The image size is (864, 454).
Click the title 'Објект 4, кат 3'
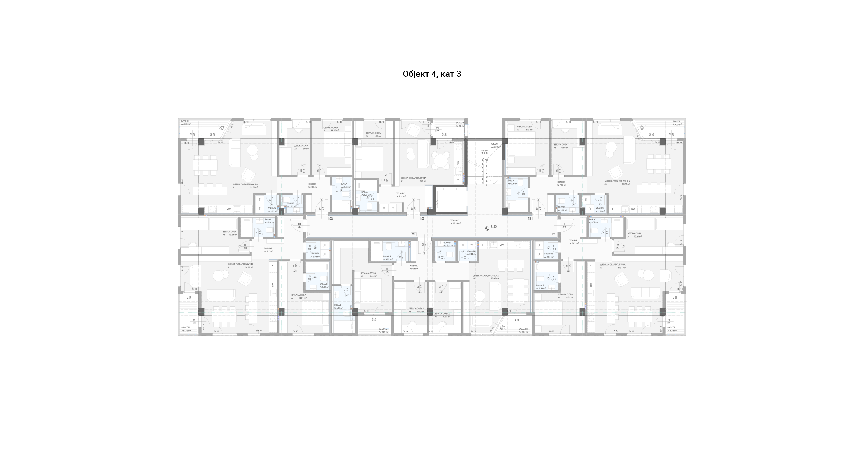click(x=432, y=74)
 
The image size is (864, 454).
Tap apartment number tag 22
click(x=331, y=219)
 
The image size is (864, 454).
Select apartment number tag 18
click(x=529, y=219)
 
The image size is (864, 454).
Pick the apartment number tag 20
click(x=413, y=234)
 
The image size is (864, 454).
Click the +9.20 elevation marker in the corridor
click(x=492, y=226)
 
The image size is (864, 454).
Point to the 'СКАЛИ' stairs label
click(x=495, y=143)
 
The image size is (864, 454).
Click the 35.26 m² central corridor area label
click(x=455, y=223)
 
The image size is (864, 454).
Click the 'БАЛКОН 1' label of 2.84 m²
click(x=523, y=329)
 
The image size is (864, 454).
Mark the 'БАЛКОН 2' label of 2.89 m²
click(x=383, y=329)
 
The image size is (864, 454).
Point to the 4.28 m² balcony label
click(x=186, y=124)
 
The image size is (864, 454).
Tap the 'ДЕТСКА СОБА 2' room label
click(x=442, y=314)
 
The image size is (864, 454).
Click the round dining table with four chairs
click(x=441, y=160)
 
